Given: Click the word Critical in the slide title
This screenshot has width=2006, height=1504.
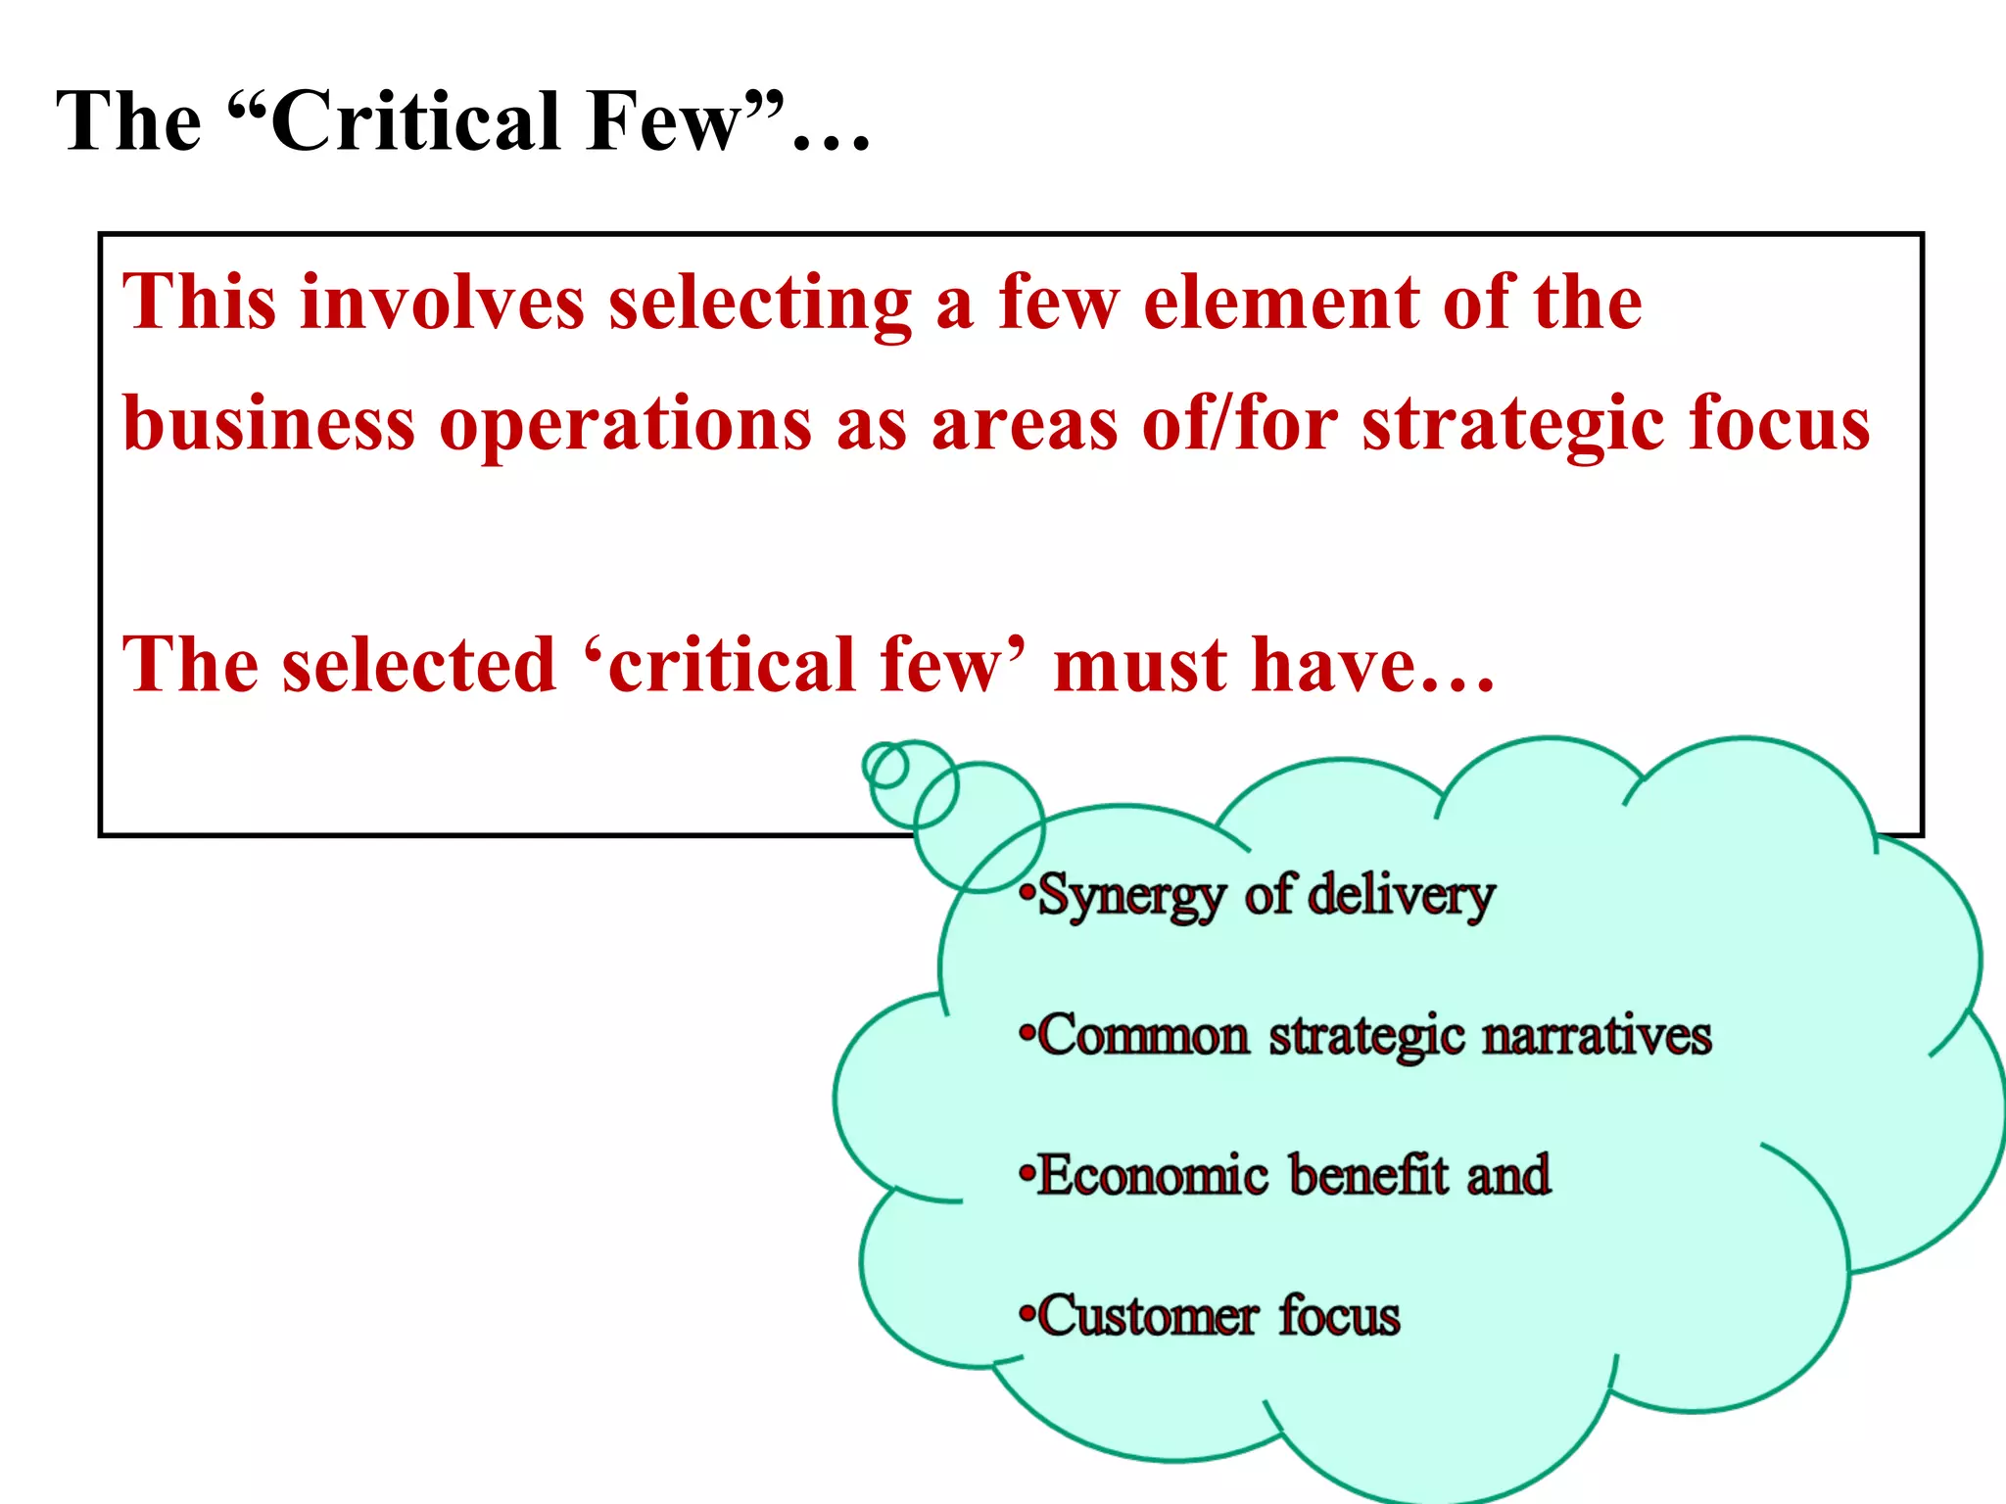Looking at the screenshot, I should click(x=415, y=121).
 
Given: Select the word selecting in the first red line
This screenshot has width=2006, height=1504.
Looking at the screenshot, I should click(x=760, y=304).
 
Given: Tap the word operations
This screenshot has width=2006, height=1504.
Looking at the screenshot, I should click(x=625, y=425).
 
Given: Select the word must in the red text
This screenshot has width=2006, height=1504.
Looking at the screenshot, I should click(x=1140, y=666).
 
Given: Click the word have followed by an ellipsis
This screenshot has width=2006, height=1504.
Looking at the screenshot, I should click(x=1334, y=666).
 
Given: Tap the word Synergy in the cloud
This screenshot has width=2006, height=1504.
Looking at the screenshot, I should click(x=1131, y=897).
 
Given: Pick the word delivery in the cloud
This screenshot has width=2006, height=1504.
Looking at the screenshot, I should click(x=1401, y=895).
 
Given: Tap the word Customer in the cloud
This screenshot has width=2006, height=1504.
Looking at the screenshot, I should click(x=1147, y=1316).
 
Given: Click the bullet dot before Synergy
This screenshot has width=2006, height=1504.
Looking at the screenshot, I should click(x=1026, y=893).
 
